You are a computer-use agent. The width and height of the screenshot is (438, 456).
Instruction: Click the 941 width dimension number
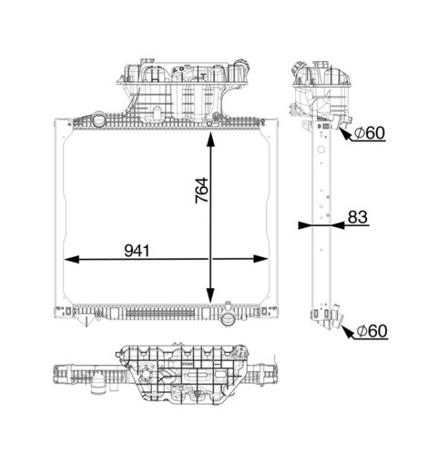tap(137, 251)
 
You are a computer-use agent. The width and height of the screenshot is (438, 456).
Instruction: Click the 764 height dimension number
tap(202, 191)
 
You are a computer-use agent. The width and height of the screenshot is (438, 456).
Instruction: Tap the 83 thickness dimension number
tap(358, 217)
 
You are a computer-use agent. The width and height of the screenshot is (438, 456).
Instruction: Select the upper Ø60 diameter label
tap(370, 133)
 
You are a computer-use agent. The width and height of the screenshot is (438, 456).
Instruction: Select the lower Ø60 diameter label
tap(372, 331)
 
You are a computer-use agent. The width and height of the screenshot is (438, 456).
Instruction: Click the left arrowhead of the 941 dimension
tap(72, 259)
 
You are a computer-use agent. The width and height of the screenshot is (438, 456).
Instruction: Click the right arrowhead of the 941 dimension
tap(260, 259)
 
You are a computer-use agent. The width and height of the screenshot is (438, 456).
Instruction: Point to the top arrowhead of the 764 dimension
tap(210, 140)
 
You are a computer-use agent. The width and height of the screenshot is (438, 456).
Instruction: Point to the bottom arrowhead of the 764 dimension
tap(210, 295)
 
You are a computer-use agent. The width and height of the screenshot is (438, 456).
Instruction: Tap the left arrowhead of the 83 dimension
tap(306, 225)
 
